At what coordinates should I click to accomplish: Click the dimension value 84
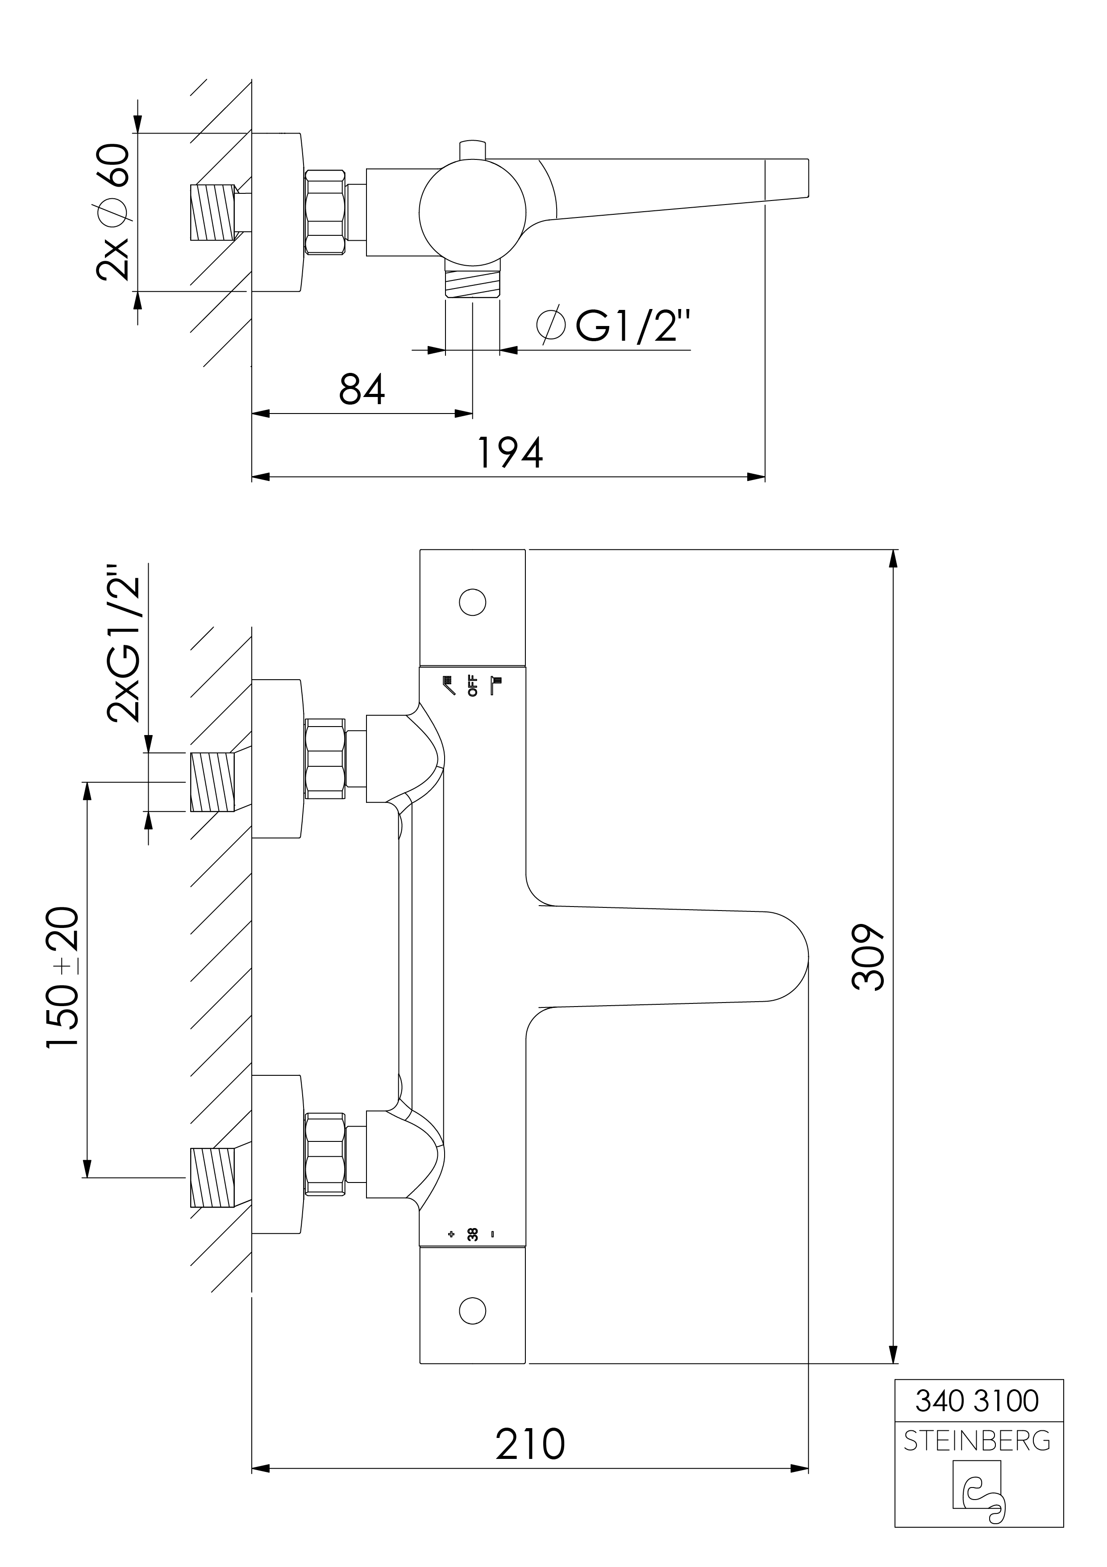click(x=362, y=390)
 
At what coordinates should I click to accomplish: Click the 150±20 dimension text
click(x=63, y=978)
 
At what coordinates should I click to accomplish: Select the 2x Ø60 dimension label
click(x=113, y=212)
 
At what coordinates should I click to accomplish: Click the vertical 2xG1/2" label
click(x=124, y=642)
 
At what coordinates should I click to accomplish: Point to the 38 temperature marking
click(x=472, y=1234)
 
